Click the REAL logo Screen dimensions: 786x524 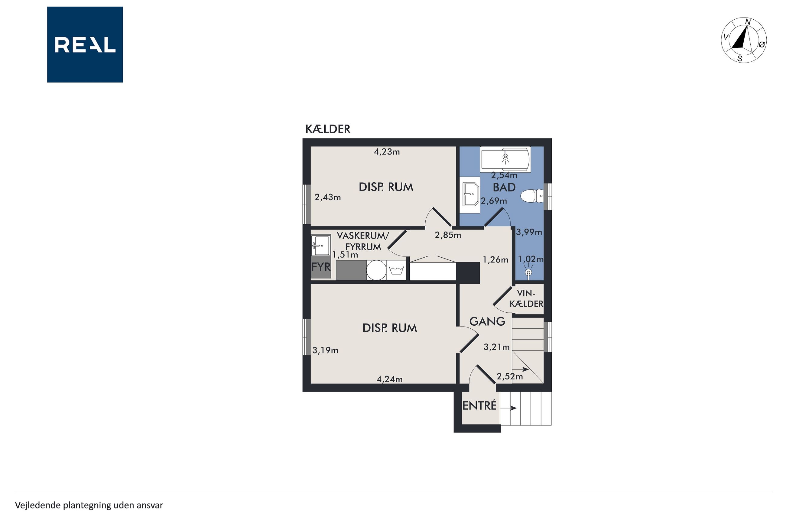pyautogui.click(x=85, y=44)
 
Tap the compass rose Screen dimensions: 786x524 pyautogui.click(x=744, y=40)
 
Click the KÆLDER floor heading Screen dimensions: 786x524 pyautogui.click(x=328, y=129)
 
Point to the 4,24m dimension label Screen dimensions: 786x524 pyautogui.click(x=389, y=379)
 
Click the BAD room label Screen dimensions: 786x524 pyautogui.click(x=504, y=187)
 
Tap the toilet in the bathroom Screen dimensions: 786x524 pyautogui.click(x=532, y=196)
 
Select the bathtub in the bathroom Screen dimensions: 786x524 pyautogui.click(x=505, y=159)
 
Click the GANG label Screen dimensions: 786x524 pyautogui.click(x=487, y=321)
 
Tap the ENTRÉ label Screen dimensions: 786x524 pyautogui.click(x=479, y=406)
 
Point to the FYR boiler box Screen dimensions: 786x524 pyautogui.click(x=321, y=267)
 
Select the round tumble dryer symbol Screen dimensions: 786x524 pyautogui.click(x=376, y=270)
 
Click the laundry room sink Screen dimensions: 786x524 pyautogui.click(x=321, y=246)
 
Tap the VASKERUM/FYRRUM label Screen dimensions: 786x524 pyautogui.click(x=363, y=241)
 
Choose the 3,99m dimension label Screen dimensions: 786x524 pyautogui.click(x=529, y=232)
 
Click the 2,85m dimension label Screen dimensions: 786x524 pyautogui.click(x=448, y=235)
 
